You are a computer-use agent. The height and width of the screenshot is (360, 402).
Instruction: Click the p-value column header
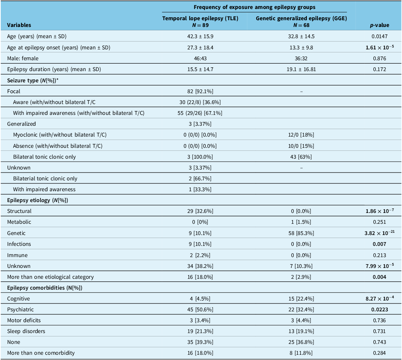coord(380,25)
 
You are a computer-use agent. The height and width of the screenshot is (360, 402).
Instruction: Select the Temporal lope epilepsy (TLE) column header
coord(200,21)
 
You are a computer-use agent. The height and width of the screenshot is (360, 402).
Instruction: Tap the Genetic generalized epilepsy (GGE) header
coord(301,21)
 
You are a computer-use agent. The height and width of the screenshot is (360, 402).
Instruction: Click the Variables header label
coord(19,25)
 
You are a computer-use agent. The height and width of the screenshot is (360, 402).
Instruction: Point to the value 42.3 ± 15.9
coord(200,36)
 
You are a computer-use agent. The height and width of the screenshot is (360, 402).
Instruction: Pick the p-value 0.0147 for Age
coord(380,36)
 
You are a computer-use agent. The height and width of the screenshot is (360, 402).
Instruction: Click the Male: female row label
coord(23,58)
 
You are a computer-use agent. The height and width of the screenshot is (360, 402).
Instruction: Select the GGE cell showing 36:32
coord(301,58)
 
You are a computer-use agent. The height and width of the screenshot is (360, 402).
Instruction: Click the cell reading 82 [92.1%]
coord(200,91)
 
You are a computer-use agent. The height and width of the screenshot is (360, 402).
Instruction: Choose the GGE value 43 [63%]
coord(301,157)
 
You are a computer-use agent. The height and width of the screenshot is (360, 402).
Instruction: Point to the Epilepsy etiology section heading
coord(38,200)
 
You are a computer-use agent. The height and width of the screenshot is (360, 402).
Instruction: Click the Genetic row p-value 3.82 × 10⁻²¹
coord(380,233)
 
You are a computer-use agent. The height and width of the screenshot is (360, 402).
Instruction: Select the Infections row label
coord(19,244)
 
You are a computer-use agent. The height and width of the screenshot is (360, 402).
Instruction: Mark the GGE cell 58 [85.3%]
coord(301,233)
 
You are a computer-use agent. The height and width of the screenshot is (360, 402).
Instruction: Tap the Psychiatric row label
coord(20,309)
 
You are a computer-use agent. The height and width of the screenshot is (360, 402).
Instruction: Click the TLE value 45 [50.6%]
coord(200,309)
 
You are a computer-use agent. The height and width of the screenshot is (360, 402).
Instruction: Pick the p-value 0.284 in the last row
coord(380,353)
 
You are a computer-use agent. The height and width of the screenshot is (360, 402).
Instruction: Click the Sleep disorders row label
coord(26,331)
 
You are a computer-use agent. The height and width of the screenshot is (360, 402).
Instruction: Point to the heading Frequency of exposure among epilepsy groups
coord(255,7)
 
